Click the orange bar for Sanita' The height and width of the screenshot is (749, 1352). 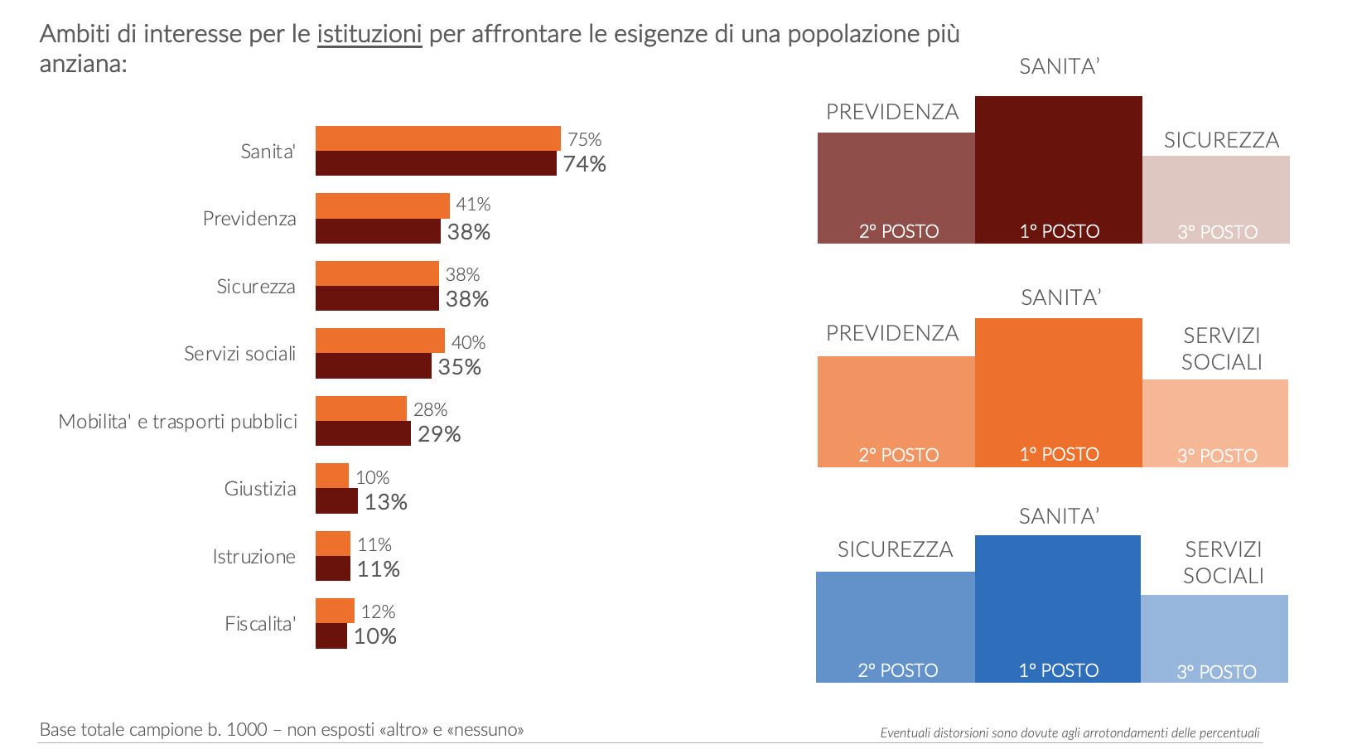tap(437, 138)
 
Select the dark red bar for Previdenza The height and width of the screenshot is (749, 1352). tap(378, 231)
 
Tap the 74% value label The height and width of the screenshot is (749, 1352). tap(584, 164)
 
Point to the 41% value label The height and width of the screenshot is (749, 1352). tap(473, 204)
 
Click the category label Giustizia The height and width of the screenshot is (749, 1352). tap(260, 489)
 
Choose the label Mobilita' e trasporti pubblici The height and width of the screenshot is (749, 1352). tap(177, 422)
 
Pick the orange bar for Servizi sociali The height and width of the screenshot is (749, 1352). tap(379, 341)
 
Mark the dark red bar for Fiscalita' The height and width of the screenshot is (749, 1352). tap(331, 635)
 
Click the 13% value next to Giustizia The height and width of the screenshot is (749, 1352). tap(385, 502)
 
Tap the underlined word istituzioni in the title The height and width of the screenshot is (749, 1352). tap(369, 34)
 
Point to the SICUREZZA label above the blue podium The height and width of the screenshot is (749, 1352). tap(895, 549)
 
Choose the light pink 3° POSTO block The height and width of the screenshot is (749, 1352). tap(1215, 199)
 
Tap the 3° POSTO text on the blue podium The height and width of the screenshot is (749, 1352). tap(1216, 672)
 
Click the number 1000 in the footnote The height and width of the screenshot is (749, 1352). tap(247, 730)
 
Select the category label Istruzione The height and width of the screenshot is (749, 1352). tap(254, 557)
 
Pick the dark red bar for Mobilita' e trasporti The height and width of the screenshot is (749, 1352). tap(363, 433)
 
